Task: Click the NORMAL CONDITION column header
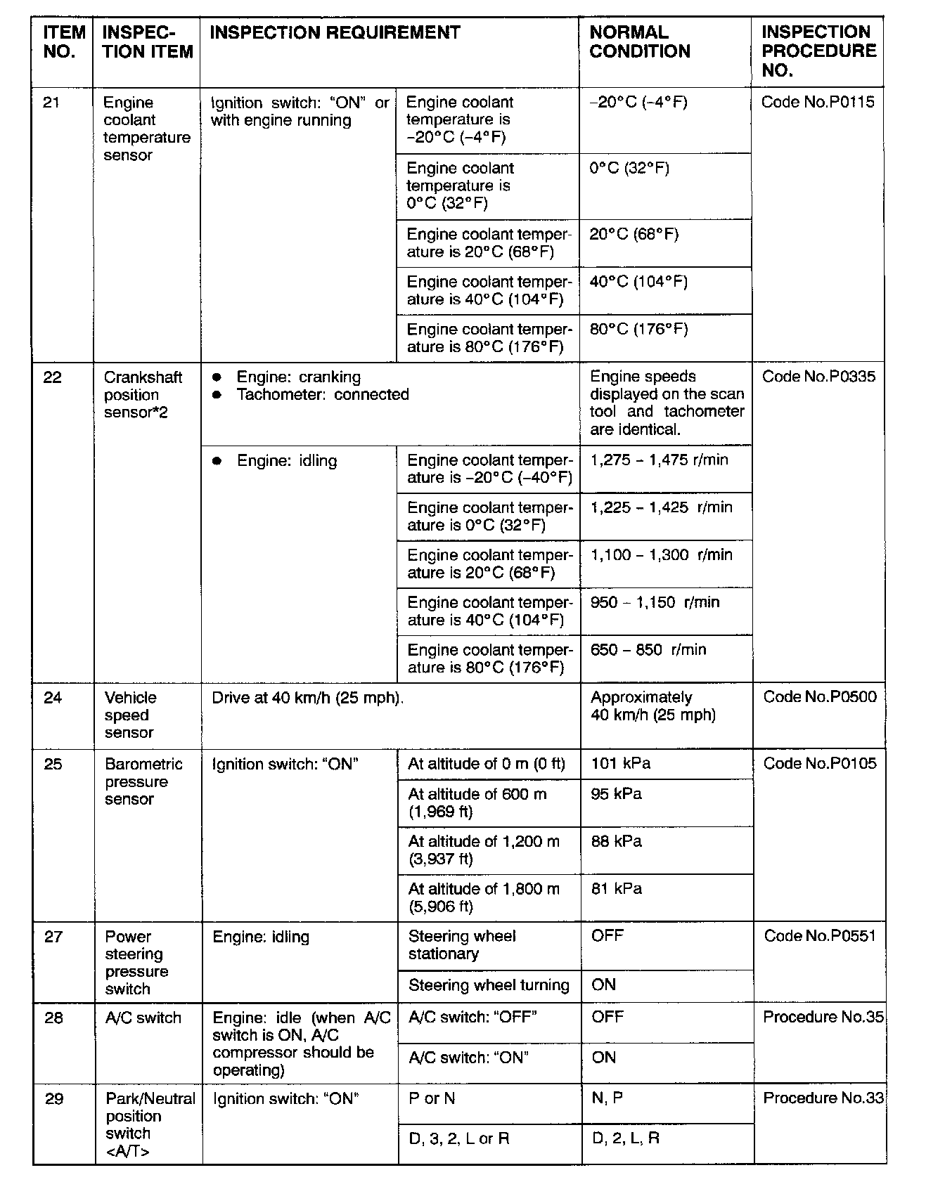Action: (639, 42)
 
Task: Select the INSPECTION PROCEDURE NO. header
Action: (818, 51)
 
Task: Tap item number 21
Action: (51, 103)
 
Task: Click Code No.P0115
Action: (818, 103)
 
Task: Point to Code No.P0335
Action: (818, 377)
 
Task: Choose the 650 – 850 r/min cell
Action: (648, 650)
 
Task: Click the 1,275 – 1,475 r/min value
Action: (659, 460)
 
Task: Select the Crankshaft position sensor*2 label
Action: (143, 395)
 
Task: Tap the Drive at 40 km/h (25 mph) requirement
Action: (308, 699)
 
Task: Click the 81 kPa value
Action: (616, 889)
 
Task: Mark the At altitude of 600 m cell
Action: (477, 803)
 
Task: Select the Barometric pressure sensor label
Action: (143, 781)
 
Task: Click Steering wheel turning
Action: (489, 985)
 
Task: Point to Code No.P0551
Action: (820, 936)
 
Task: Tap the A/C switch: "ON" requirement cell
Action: (468, 1058)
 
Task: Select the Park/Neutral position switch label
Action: (150, 1124)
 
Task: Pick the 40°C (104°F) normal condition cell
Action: (638, 282)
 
